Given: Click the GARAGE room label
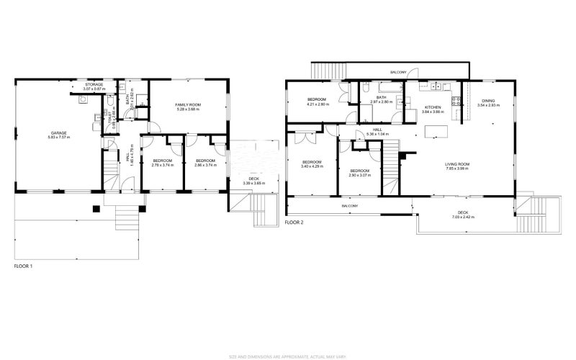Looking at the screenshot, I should pos(58,134).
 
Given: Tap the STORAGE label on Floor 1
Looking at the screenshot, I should pos(94,85).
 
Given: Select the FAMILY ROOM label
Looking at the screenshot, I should pos(187,105).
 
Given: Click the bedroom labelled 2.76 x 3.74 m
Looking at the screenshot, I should pos(162,162).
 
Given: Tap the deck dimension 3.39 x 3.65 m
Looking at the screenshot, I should pos(254,184).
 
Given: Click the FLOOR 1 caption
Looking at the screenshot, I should pos(24,266).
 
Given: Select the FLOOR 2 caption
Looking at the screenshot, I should pos(294,222).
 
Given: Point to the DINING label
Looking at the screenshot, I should pos(488,102).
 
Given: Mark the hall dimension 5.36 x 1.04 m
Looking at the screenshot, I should pos(377,135).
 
